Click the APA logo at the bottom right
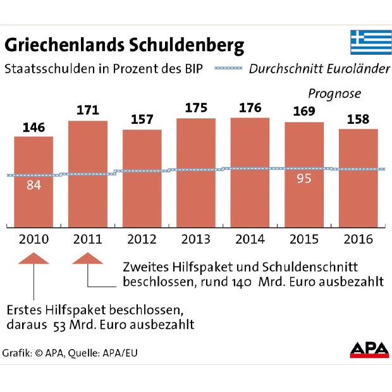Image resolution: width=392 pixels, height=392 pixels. (369, 350)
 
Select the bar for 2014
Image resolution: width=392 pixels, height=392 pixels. (250, 173)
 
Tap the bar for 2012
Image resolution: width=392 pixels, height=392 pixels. (142, 178)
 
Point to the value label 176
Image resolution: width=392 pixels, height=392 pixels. (250, 108)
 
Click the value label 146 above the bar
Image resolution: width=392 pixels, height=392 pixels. (34, 128)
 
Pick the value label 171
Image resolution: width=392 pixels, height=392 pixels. (87, 111)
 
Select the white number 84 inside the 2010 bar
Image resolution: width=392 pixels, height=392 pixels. (34, 186)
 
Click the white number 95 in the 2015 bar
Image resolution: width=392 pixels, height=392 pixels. (304, 178)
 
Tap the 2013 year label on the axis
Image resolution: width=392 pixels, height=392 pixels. (195, 240)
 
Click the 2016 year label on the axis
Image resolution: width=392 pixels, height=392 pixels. (358, 240)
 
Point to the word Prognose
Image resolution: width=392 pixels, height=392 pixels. (334, 94)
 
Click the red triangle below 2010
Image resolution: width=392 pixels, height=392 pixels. (34, 258)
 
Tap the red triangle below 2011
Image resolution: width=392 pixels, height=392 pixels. (87, 258)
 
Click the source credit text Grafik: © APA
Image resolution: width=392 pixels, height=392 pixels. (32, 353)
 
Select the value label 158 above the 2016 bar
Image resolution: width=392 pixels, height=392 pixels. (358, 119)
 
